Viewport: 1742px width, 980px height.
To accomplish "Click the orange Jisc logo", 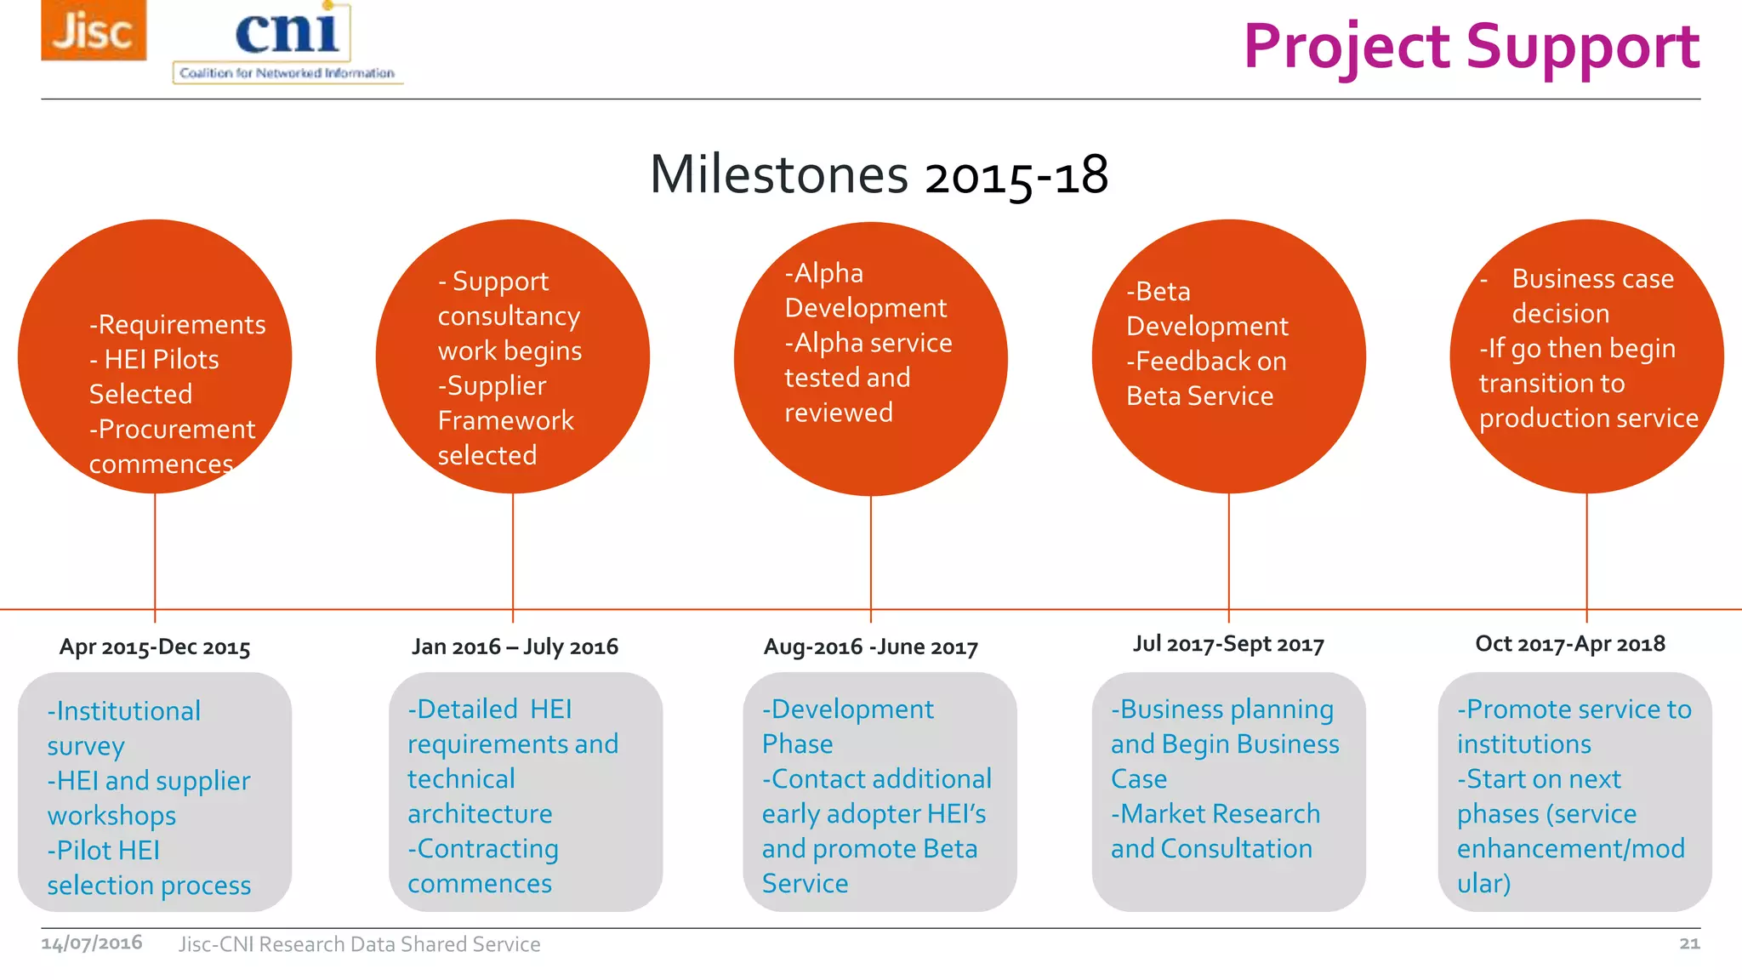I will click(94, 31).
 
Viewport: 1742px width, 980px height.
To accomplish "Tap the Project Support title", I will click(1471, 47).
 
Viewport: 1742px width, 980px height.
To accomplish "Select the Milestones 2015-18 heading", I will click(879, 174).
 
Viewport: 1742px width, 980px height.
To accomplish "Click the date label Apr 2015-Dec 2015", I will click(155, 647).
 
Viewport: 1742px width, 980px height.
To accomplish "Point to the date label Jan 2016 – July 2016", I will click(515, 647).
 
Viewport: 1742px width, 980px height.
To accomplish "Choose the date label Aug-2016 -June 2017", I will click(871, 647).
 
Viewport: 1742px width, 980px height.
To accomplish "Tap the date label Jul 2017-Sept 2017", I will click(1228, 644).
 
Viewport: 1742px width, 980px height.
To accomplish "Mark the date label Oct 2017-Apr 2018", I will click(1570, 644).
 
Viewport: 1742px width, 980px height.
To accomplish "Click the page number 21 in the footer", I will click(1689, 943).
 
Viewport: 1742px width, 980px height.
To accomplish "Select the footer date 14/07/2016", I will click(92, 943).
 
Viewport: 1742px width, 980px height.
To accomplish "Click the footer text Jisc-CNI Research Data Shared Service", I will click(359, 944).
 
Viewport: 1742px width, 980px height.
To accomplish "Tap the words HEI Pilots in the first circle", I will click(161, 360).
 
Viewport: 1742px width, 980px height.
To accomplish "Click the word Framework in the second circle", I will click(505, 420).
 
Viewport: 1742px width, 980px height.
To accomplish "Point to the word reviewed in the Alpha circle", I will click(838, 413).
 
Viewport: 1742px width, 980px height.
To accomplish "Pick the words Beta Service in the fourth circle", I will click(1199, 396).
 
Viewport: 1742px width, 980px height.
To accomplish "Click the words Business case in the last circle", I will click(1592, 279).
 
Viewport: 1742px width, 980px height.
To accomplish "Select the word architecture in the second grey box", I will click(480, 814).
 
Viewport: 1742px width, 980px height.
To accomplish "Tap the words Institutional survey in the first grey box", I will click(124, 727).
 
